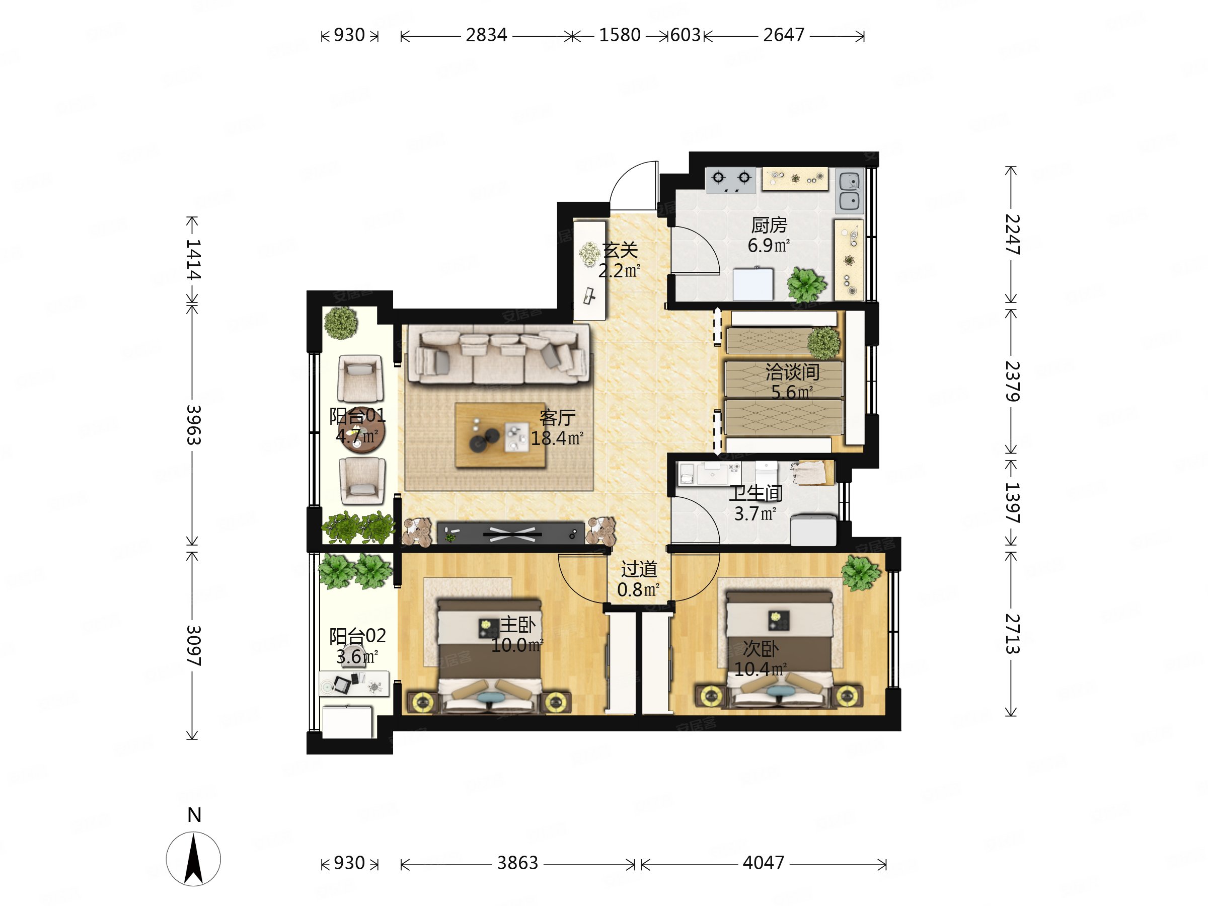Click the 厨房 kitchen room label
(769, 225)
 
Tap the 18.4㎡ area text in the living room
(557, 438)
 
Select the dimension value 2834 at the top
(486, 35)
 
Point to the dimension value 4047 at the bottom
(763, 863)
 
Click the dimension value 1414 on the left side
(193, 259)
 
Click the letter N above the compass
(194, 815)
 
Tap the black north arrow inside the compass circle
(194, 859)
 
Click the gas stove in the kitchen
(731, 180)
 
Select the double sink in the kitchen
(849, 191)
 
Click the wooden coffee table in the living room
(500, 435)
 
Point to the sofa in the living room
(498, 354)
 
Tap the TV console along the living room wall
(510, 533)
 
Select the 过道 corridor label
(638, 570)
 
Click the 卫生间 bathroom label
(756, 493)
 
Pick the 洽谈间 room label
(792, 372)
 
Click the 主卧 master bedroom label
(518, 625)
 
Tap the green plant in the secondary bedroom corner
(861, 573)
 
